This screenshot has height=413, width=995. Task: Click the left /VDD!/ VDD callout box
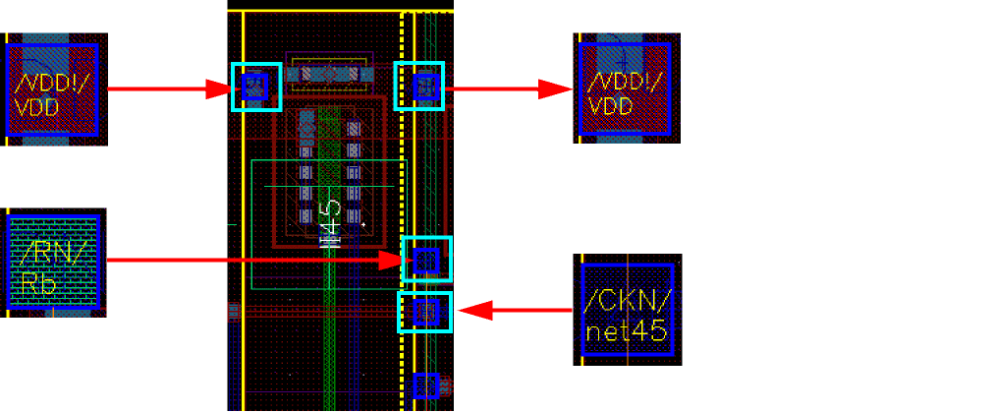click(x=54, y=89)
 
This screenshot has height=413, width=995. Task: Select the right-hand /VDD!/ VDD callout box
click(x=626, y=88)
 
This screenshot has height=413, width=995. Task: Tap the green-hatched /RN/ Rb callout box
click(x=54, y=262)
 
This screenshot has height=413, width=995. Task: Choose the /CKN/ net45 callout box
click(x=627, y=310)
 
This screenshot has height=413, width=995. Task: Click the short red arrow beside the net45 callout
click(x=516, y=312)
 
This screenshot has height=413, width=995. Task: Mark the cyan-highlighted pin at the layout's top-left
click(x=256, y=87)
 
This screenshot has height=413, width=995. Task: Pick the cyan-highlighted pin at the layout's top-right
click(x=419, y=87)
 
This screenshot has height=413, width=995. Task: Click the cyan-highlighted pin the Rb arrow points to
click(x=427, y=260)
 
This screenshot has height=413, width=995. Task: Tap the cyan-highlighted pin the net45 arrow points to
click(x=424, y=312)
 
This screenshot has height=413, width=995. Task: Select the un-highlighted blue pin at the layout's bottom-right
click(x=425, y=384)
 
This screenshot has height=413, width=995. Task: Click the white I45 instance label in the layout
click(x=330, y=223)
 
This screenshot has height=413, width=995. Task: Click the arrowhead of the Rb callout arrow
click(x=393, y=261)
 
